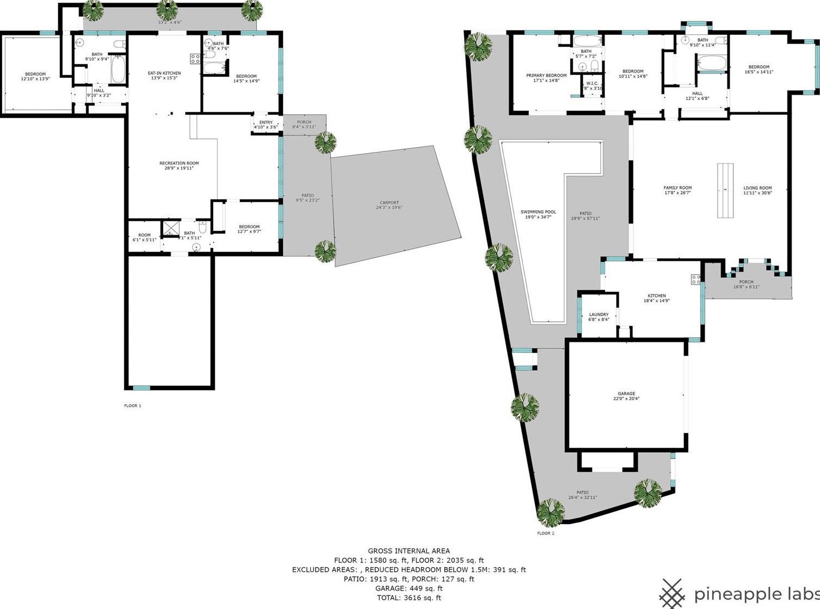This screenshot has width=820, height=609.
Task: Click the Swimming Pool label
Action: point(538,215)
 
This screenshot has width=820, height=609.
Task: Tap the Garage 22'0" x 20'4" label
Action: point(626,396)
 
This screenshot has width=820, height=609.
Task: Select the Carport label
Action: point(390,205)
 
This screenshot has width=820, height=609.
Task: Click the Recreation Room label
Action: point(179,166)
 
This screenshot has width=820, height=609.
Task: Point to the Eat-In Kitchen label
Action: point(164,75)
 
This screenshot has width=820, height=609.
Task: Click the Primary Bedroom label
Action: point(546,78)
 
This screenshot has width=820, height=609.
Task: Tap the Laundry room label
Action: point(599,317)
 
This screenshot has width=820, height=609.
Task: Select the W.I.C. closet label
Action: point(592,86)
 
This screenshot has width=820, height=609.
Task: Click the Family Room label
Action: point(677,190)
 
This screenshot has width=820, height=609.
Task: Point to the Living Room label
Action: point(757,190)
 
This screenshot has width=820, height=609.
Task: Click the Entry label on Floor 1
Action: point(266,125)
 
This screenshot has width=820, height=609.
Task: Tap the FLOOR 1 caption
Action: point(132,406)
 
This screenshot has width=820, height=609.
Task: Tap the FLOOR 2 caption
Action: point(545,533)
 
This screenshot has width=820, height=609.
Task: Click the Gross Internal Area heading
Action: point(409,551)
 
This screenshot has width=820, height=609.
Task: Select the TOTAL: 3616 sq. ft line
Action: point(409,598)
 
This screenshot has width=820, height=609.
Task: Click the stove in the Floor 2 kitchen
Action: point(696,279)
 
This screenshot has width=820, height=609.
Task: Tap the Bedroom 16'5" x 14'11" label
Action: point(759,69)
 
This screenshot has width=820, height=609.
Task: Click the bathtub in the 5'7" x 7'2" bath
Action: point(586,41)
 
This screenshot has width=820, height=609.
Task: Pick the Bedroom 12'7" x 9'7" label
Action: point(249,229)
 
